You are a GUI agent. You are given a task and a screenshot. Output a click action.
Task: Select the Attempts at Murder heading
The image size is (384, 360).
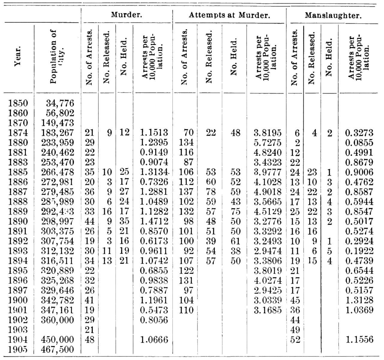229,15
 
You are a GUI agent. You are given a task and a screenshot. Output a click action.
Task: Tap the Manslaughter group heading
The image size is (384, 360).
333,16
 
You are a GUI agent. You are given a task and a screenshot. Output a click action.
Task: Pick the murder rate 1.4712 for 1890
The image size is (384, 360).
154,221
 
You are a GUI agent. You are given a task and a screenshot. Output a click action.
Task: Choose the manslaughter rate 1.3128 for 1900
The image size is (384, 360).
359,300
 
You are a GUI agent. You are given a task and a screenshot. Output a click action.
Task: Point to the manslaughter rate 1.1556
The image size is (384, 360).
359,340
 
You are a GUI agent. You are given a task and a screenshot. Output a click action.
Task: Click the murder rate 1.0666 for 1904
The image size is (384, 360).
154,340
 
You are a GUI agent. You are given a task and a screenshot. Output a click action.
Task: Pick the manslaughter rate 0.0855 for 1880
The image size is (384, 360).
359,142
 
